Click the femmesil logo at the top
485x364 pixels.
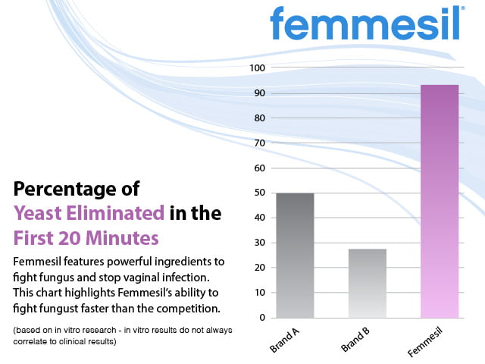coord(365,24)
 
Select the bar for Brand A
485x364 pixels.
coord(294,255)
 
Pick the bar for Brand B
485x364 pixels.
coord(367,283)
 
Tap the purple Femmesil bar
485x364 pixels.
coord(440,201)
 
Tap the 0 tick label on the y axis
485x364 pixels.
coord(261,318)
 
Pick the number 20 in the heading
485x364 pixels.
coord(74,238)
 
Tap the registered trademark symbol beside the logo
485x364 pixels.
coord(464,10)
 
